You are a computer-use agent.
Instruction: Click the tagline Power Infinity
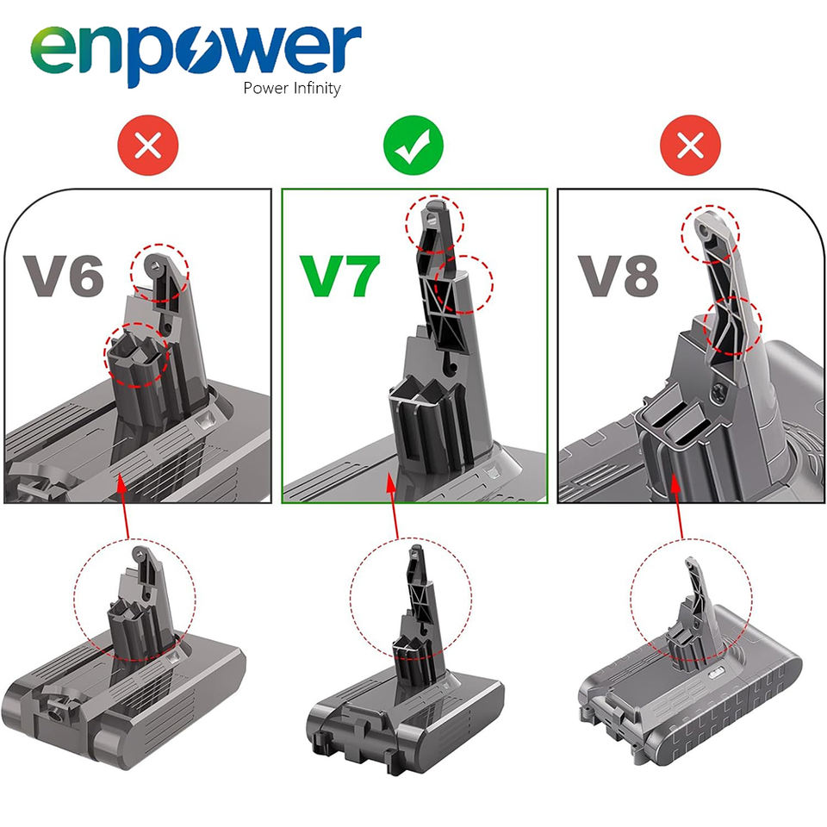point(292,88)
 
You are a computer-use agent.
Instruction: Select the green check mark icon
point(413,145)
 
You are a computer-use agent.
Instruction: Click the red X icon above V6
point(148,145)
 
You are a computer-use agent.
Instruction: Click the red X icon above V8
point(690,145)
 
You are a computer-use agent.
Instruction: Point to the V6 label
point(63,276)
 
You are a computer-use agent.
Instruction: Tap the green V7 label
point(339,276)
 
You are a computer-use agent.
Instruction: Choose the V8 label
point(619,276)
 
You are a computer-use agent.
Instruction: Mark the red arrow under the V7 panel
point(394,506)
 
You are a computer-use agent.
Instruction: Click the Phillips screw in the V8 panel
point(718,394)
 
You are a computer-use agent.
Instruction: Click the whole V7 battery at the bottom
point(405,659)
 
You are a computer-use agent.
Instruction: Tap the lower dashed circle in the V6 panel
point(137,355)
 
